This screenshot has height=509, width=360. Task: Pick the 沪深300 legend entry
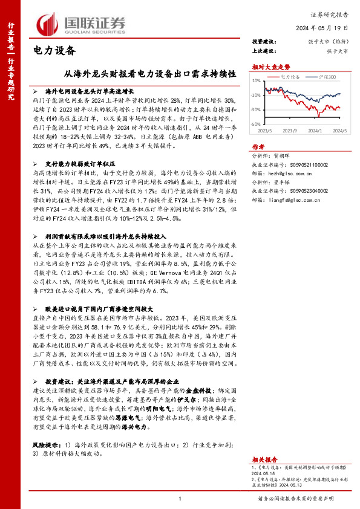point(326,77)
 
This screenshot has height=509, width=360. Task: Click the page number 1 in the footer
point(180,498)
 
